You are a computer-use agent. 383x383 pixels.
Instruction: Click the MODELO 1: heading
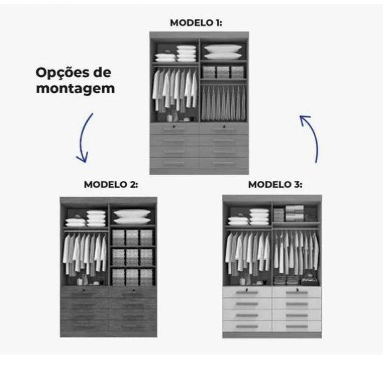point(196,23)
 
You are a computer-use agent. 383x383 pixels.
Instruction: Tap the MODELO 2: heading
point(111,185)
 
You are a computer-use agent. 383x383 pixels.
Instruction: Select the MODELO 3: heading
point(275,185)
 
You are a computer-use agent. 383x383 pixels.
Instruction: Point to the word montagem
point(75,89)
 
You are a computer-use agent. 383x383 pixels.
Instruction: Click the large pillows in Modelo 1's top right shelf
point(223,52)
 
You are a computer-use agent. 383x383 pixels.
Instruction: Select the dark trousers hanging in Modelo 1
point(224,103)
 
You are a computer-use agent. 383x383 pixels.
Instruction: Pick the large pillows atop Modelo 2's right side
point(132,216)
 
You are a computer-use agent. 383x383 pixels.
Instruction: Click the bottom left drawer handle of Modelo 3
point(247,326)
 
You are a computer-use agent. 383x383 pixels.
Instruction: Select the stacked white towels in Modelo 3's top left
point(259,217)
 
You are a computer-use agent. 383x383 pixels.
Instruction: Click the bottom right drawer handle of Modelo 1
point(224,164)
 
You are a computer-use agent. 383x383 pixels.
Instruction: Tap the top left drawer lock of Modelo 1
point(175,126)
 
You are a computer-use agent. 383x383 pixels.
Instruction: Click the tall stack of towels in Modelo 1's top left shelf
point(187,54)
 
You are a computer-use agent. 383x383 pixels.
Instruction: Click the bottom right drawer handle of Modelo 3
point(297,326)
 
